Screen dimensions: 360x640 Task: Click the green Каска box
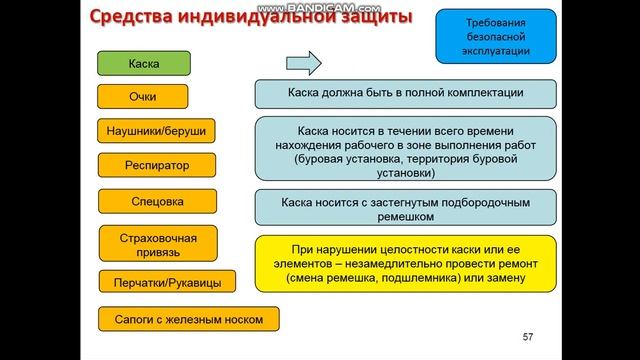click(x=143, y=63)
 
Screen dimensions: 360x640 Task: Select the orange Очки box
click(x=143, y=97)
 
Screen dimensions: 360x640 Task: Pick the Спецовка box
click(x=158, y=201)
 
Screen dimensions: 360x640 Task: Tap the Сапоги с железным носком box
click(x=188, y=320)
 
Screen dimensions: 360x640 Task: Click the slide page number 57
click(x=530, y=336)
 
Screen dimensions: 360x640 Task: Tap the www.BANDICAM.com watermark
click(x=320, y=7)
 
